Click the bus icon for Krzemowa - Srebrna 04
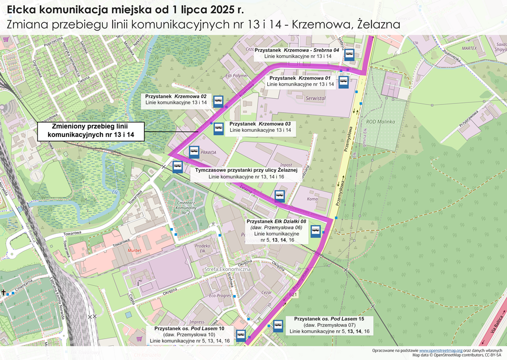click(x=349, y=54)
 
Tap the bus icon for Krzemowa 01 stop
click(x=344, y=82)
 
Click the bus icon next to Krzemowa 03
click(x=219, y=128)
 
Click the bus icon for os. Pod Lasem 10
click(x=241, y=335)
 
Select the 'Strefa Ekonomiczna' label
click(x=228, y=269)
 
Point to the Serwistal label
click(x=315, y=99)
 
